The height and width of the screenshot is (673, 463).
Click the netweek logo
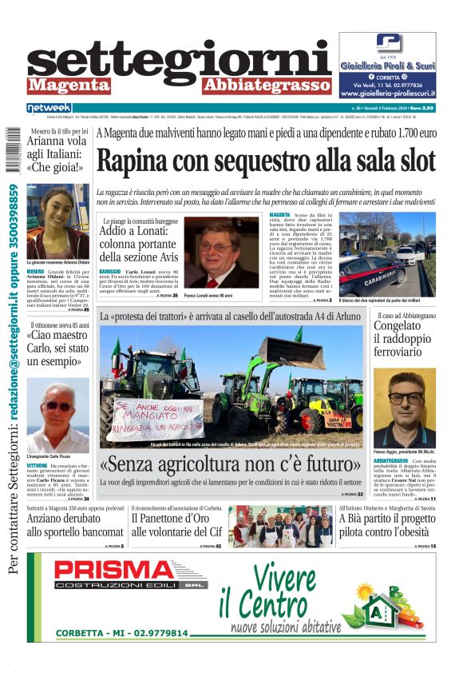point(49,107)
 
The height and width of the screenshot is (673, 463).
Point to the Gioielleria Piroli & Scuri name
point(387,66)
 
